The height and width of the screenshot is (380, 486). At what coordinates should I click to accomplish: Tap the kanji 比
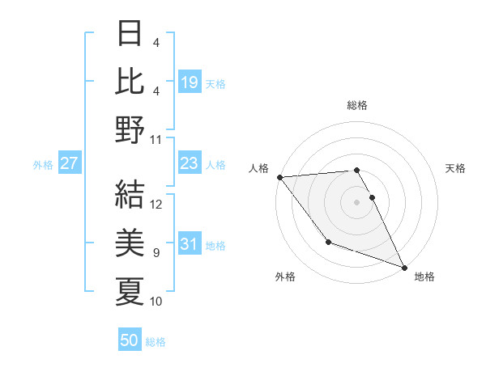(x=130, y=82)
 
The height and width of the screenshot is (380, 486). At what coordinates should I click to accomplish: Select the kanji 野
(x=130, y=129)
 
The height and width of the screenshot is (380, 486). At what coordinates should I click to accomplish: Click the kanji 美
(x=130, y=242)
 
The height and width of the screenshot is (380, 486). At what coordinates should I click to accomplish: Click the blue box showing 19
(x=190, y=82)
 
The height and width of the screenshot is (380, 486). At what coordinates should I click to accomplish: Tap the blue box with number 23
(x=190, y=163)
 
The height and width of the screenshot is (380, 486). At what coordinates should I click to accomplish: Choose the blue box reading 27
(x=70, y=163)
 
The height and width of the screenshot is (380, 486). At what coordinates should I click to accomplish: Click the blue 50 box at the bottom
(x=130, y=340)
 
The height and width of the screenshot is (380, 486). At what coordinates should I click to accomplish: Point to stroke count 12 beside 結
(x=157, y=205)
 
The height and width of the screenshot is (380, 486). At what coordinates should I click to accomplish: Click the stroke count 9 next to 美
(x=156, y=253)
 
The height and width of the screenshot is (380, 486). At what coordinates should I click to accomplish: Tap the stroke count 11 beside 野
(x=156, y=139)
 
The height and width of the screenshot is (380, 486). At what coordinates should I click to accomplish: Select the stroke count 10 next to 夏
(x=156, y=302)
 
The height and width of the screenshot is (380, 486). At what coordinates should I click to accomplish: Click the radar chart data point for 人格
(x=279, y=176)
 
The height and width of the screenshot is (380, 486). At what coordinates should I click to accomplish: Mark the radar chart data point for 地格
(x=404, y=266)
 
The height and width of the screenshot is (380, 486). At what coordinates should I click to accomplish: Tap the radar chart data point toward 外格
(x=328, y=242)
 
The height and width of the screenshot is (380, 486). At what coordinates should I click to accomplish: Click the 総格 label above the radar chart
(x=357, y=105)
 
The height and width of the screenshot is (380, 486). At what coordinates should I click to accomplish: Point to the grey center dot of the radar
(x=357, y=201)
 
